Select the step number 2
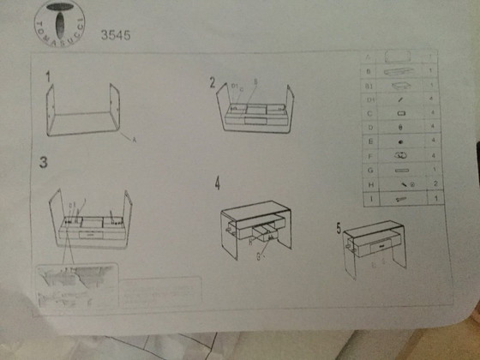pyautogui.click(x=211, y=81)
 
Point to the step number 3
pyautogui.click(x=41, y=161)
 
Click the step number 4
pyautogui.click(x=218, y=183)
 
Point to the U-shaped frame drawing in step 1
pyautogui.click(x=86, y=107)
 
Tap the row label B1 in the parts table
pyautogui.click(x=369, y=86)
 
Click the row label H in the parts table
pyautogui.click(x=369, y=184)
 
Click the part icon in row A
pyautogui.click(x=399, y=56)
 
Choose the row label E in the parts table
pyautogui.click(x=369, y=141)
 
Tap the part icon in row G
pyautogui.click(x=400, y=170)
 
